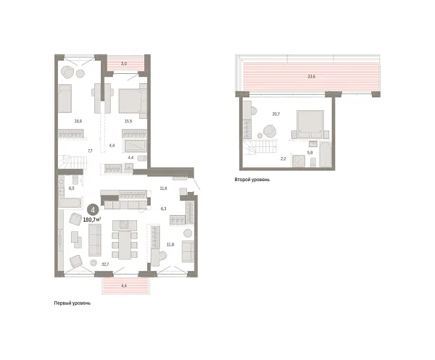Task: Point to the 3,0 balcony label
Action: [x=124, y=64]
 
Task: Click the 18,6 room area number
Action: [x=78, y=122]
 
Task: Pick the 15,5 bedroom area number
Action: [x=128, y=122]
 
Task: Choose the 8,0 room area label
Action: [x=72, y=188]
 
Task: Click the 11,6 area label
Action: [x=163, y=188]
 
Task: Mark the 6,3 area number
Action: [x=163, y=209]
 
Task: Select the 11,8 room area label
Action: [x=170, y=244]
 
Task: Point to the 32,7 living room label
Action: [x=106, y=264]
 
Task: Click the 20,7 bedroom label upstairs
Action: [x=275, y=114]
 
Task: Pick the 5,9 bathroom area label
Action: [x=310, y=152]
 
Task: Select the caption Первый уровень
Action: [x=72, y=303]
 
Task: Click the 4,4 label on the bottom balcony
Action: [x=124, y=286]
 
